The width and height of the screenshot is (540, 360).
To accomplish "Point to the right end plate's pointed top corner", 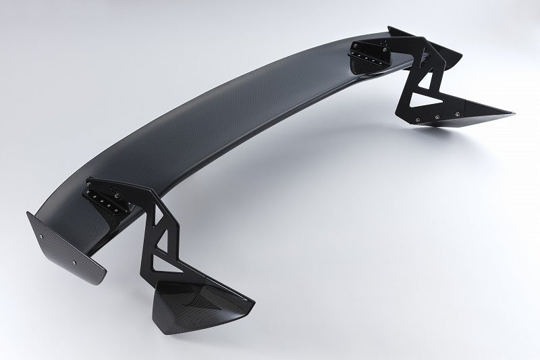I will pyautogui.click(x=390, y=28).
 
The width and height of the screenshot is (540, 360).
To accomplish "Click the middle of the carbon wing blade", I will pyautogui.click(x=230, y=135).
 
